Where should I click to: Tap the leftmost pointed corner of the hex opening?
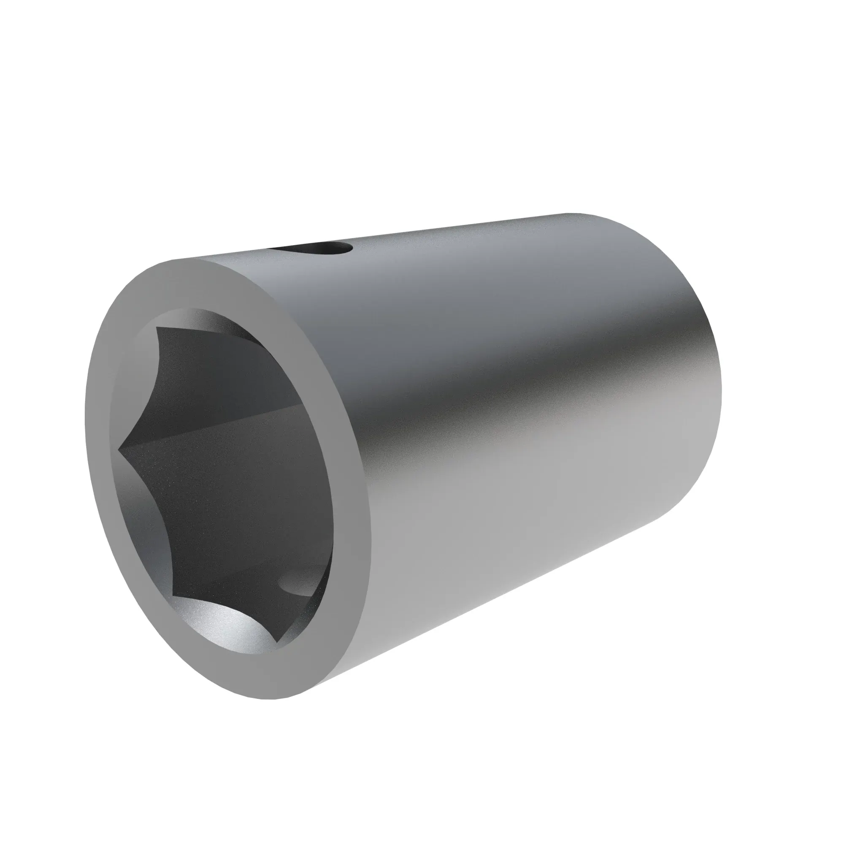[x=119, y=448]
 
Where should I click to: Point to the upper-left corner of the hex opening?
[x=157, y=327]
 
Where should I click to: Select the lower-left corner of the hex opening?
[x=174, y=595]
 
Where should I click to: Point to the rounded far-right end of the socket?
[x=717, y=393]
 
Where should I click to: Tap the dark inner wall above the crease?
[x=210, y=376]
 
